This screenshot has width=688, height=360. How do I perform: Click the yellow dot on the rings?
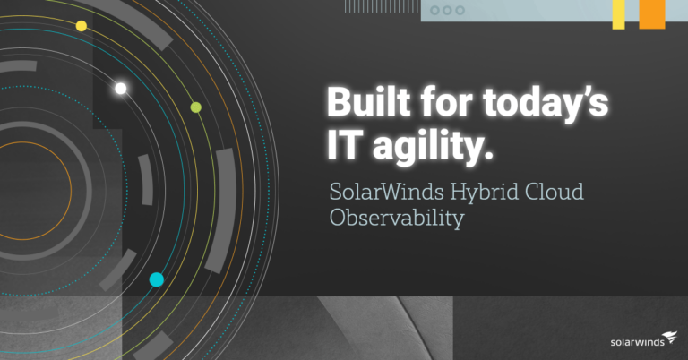pos(82,26)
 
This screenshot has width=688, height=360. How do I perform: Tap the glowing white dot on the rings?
pos(121,88)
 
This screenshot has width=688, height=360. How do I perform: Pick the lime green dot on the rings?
pos(196,107)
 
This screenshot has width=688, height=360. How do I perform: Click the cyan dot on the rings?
pos(157,279)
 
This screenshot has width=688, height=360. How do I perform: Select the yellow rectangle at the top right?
pos(618,14)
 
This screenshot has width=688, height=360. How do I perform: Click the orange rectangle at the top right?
pos(652,14)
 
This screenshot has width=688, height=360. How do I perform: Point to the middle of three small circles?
pos(447,10)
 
